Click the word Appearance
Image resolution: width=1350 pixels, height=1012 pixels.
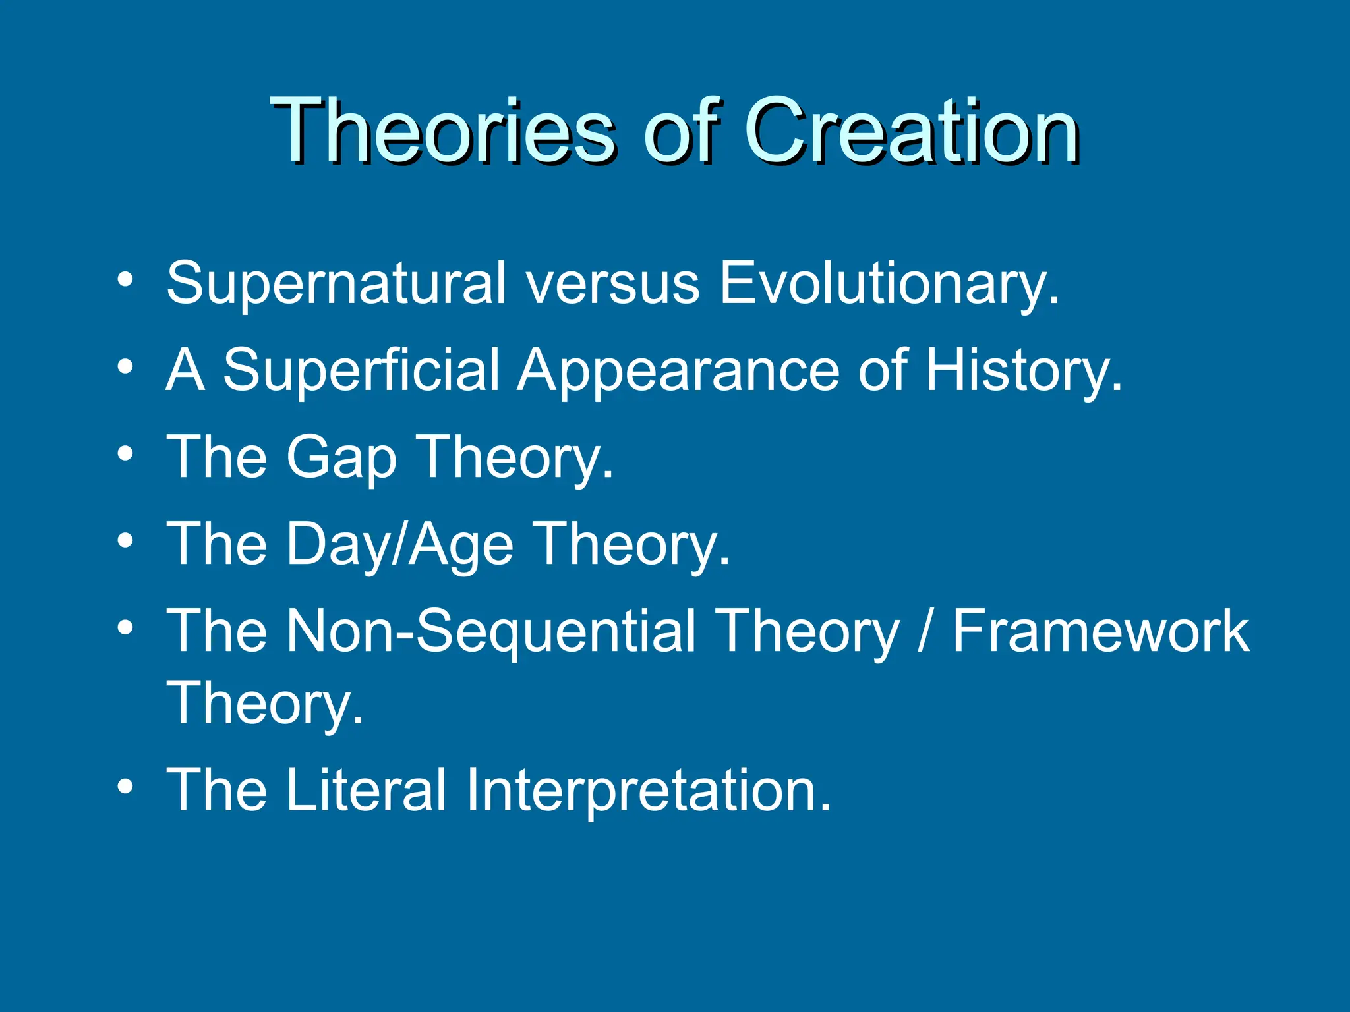click(x=678, y=371)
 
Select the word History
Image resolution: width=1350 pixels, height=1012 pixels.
click(x=1022, y=371)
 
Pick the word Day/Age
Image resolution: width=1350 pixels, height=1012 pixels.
click(x=399, y=545)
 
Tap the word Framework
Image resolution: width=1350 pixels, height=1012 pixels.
click(x=1100, y=632)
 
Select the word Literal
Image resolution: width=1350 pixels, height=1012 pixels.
click(x=366, y=790)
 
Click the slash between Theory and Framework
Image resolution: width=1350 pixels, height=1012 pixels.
click(x=926, y=632)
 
